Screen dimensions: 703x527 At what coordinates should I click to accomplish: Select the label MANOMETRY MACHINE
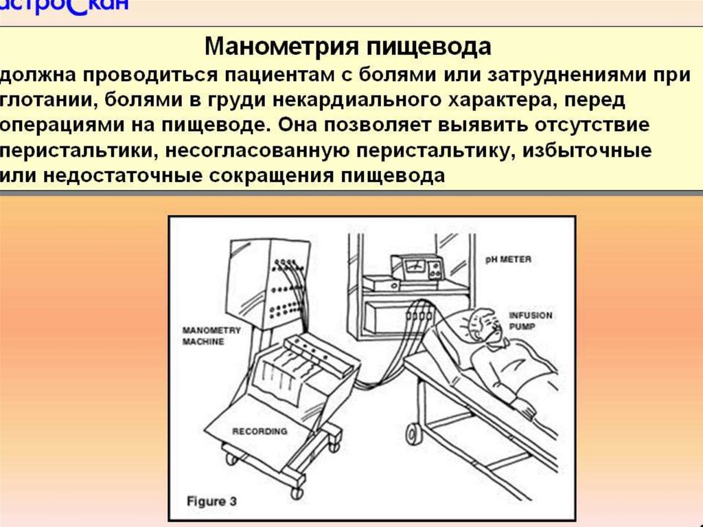211,336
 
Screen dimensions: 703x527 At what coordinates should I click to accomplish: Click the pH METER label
507,260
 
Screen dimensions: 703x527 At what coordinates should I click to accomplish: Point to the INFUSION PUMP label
530,322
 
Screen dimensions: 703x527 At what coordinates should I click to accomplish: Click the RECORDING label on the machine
260,431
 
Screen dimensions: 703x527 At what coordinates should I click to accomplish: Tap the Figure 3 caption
211,501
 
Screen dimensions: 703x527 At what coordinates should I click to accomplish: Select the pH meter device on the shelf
417,267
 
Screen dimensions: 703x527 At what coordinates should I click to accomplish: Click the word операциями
65,127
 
